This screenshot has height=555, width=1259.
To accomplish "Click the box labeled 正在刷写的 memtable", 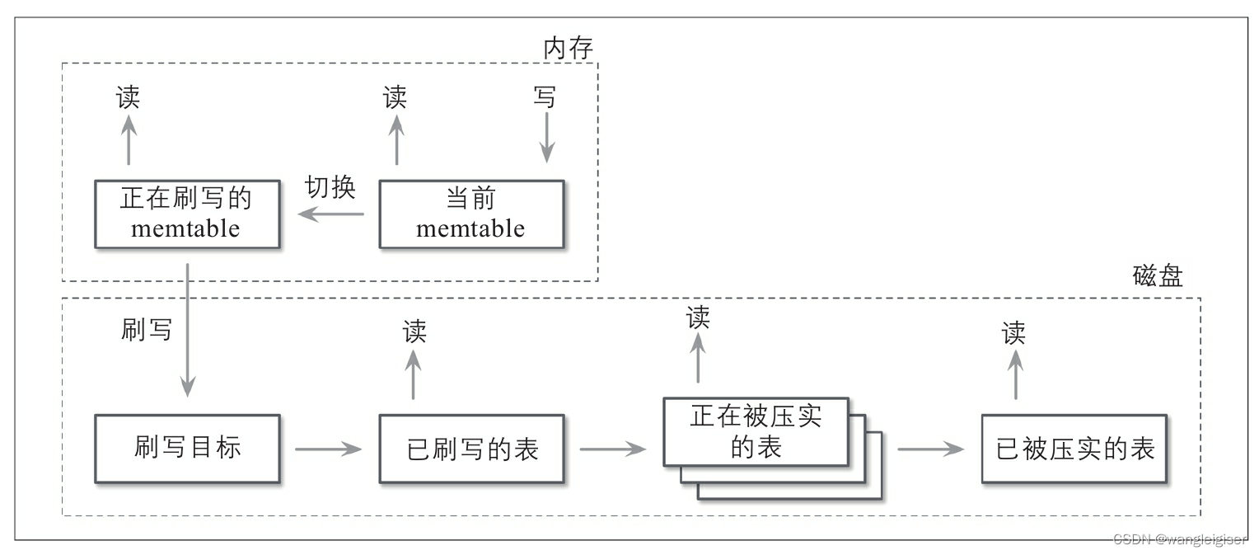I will tap(187, 214).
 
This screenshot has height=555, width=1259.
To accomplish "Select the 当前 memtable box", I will tap(470, 214).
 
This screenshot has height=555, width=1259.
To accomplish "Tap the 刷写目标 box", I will tap(187, 448).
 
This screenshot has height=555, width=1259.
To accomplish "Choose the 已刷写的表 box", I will tap(470, 449).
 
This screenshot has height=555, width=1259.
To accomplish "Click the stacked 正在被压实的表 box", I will tap(756, 432).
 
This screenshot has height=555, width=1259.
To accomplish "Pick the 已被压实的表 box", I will tap(1074, 449).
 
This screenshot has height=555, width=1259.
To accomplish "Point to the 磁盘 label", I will tap(1158, 276).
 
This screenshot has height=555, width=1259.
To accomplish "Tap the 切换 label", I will tap(330, 187).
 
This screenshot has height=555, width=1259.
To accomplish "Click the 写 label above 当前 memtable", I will tap(545, 97).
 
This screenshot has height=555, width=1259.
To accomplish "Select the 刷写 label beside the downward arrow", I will tap(147, 329).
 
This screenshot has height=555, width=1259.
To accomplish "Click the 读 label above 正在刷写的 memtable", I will tap(128, 97).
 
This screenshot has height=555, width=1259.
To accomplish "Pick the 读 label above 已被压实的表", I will tap(1014, 333).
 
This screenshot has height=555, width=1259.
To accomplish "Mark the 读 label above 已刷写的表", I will tap(414, 332).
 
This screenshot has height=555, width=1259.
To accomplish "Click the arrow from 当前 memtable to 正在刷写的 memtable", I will tap(330, 214).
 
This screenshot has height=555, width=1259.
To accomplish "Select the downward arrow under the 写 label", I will tap(545, 139).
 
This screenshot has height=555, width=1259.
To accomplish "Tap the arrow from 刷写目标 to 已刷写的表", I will tap(329, 449).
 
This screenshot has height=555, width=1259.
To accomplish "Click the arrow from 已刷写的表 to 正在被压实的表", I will tap(612, 449).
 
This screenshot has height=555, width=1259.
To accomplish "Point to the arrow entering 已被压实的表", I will tap(930, 449).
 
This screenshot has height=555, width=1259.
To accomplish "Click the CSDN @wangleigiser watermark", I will tap(1179, 539).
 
